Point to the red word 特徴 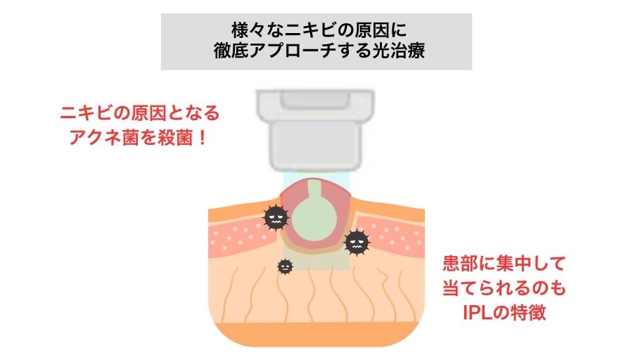531,312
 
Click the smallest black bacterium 285,266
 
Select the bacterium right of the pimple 357,243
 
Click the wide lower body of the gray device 316,145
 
